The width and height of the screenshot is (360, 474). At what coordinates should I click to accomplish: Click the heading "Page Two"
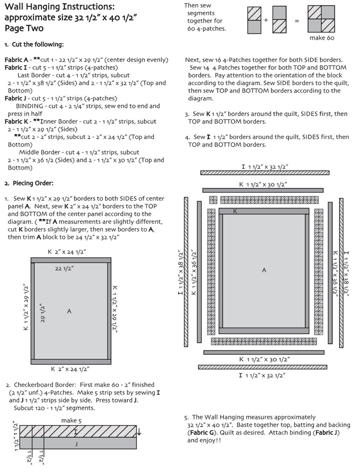[24, 28]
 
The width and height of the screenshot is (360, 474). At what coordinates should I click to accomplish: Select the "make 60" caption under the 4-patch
[322, 38]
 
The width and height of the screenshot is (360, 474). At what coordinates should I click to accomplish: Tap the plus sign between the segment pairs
[266, 20]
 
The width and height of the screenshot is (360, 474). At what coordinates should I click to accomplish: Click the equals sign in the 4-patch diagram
[297, 21]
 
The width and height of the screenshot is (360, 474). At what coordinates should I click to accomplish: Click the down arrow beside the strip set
[139, 432]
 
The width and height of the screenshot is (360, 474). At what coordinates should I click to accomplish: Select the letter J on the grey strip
[76, 444]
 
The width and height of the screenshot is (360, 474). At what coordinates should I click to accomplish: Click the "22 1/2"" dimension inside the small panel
[64, 268]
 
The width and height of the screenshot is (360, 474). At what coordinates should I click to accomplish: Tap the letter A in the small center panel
[69, 311]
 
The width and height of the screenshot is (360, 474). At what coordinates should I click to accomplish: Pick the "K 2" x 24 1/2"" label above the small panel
[67, 252]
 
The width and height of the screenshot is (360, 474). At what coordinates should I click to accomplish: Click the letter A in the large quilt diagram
[264, 270]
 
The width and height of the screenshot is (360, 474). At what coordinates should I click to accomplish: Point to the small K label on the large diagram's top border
[235, 211]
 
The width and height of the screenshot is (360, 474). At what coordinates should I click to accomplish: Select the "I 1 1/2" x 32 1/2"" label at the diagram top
[265, 167]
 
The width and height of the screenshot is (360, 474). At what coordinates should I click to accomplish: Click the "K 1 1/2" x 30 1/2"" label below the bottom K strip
[265, 359]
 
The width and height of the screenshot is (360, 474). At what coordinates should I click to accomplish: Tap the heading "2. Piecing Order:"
[29, 183]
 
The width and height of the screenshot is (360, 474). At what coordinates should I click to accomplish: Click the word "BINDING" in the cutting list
[30, 106]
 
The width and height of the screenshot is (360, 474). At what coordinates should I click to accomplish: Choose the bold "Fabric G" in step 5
[202, 433]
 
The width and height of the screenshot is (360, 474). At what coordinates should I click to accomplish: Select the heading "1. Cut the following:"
[34, 44]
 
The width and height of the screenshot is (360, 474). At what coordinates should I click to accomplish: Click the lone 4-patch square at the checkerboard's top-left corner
[213, 200]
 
